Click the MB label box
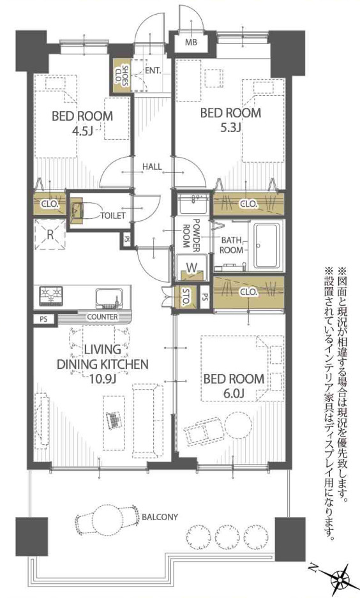(191, 43)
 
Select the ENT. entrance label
(153, 71)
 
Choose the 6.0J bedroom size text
(233, 392)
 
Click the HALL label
(152, 167)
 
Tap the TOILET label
(113, 215)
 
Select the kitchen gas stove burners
(50, 296)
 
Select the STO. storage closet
(184, 298)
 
